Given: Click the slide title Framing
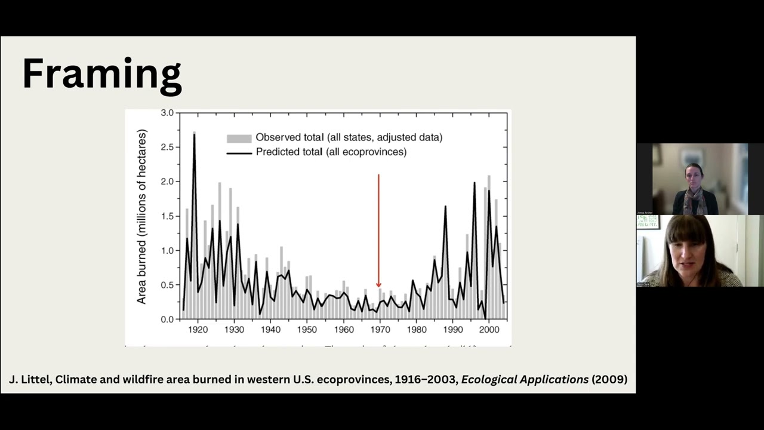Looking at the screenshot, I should [101, 75].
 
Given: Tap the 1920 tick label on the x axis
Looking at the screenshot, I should [198, 330].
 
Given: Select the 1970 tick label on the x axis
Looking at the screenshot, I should [380, 330].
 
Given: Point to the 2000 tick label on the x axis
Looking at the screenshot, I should [489, 330].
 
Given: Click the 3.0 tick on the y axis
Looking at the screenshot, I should [167, 113].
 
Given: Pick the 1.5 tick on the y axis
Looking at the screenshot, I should [167, 216].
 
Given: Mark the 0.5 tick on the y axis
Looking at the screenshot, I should [167, 285].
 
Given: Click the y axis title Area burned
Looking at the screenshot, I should [141, 216].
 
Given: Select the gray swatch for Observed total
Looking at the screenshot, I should [239, 138].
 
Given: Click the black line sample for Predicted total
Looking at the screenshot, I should [239, 152].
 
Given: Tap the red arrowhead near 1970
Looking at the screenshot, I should [378, 285].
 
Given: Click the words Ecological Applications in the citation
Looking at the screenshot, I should [525, 379].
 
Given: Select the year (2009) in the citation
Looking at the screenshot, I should [609, 379].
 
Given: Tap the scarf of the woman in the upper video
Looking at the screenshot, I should [694, 200].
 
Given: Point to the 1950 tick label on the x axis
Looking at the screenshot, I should [307, 330].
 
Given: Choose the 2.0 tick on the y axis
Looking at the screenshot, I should [167, 182].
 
